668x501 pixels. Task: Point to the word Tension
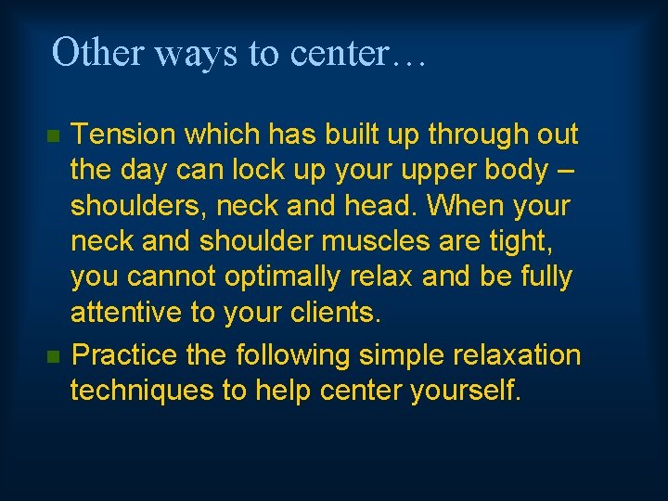pyautogui.click(x=124, y=135)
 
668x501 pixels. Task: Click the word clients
pyautogui.click(x=333, y=313)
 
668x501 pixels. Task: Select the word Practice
pyautogui.click(x=125, y=355)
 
